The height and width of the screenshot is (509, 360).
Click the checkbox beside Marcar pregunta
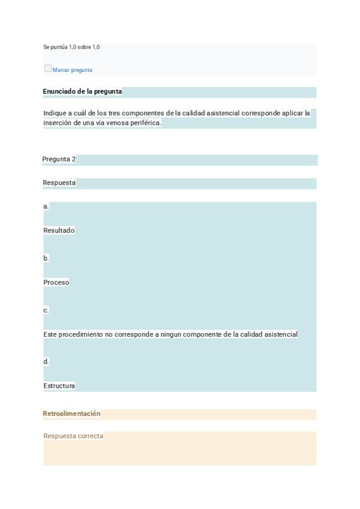[47, 68]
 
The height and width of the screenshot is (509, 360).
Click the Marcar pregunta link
[73, 70]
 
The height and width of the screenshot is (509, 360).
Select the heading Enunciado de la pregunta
[82, 92]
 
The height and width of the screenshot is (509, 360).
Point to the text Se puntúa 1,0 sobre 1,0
[71, 47]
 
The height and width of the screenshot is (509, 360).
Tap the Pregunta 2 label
[59, 160]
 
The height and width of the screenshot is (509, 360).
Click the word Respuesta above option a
[59, 183]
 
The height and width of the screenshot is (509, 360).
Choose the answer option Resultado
[59, 230]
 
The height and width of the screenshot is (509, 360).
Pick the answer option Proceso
[56, 283]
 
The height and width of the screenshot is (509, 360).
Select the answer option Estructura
[59, 386]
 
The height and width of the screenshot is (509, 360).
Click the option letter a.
[46, 206]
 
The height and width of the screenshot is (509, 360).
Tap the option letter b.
[46, 259]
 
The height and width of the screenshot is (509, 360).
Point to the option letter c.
[46, 310]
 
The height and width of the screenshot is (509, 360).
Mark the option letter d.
[46, 362]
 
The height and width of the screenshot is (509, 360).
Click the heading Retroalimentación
[71, 414]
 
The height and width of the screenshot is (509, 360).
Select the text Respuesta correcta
[73, 436]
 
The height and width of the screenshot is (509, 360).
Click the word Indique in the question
[55, 113]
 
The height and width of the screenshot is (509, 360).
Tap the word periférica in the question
[146, 123]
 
